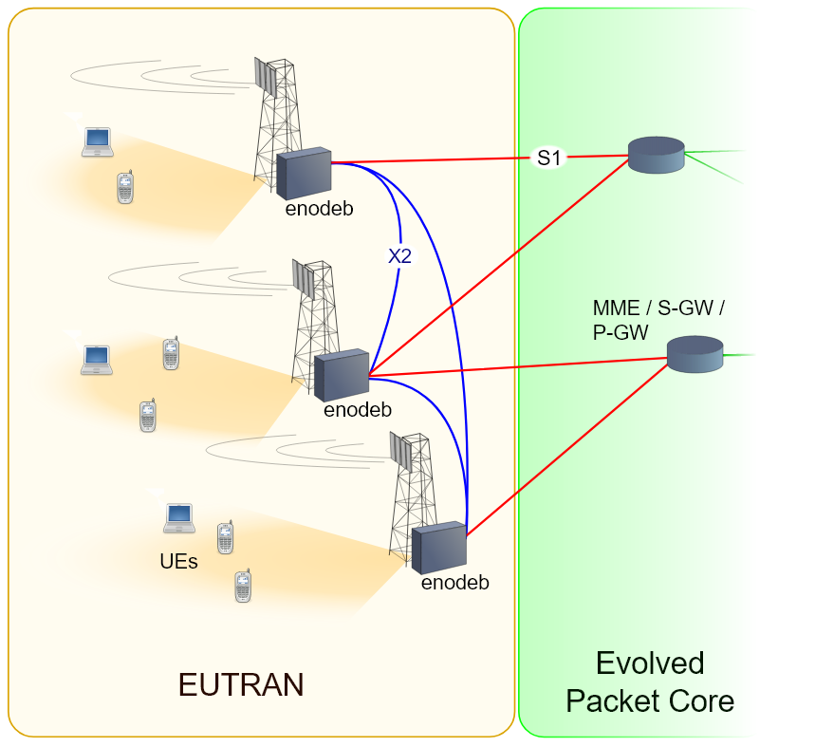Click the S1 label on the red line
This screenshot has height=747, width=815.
pyautogui.click(x=549, y=159)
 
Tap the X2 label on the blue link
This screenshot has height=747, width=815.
pyautogui.click(x=399, y=255)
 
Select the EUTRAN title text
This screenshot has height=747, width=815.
pyautogui.click(x=241, y=684)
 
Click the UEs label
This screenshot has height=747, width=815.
pyautogui.click(x=178, y=561)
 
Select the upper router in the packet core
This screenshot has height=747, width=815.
pyautogui.click(x=656, y=155)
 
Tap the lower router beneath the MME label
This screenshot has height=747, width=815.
pyautogui.click(x=695, y=354)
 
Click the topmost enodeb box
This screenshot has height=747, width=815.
pyautogui.click(x=304, y=173)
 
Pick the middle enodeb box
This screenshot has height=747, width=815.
pyautogui.click(x=341, y=375)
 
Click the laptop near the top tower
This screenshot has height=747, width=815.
pyautogui.click(x=97, y=141)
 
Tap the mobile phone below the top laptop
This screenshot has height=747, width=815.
pyautogui.click(x=124, y=187)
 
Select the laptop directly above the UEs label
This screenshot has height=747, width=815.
pyautogui.click(x=178, y=517)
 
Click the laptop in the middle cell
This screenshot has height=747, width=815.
pyautogui.click(x=96, y=359)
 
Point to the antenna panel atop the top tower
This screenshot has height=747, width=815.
pyautogui.click(x=266, y=77)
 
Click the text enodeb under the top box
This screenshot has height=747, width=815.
pyautogui.click(x=319, y=210)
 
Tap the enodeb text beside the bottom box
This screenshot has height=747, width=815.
pyautogui.click(x=455, y=583)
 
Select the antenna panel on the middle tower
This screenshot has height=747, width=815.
pyautogui.click(x=304, y=280)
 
